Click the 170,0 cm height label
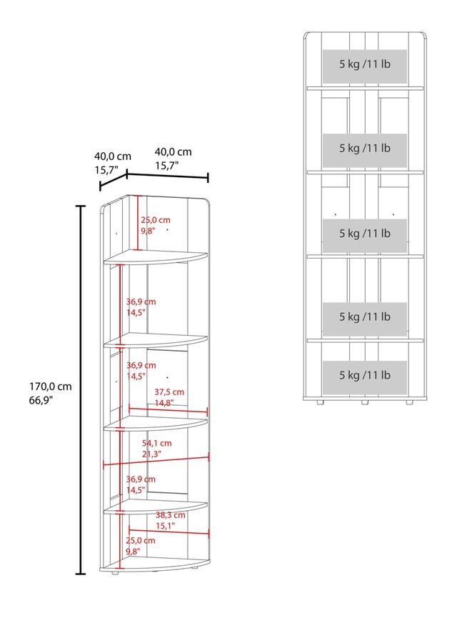point(51,387)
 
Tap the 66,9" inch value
point(41,400)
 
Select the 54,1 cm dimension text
point(157,443)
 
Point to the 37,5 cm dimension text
point(169,392)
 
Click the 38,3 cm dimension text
point(170,514)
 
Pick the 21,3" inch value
point(151,454)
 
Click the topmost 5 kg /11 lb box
point(365,66)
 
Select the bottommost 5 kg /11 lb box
point(365,377)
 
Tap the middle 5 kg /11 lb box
point(365,235)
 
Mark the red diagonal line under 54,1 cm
point(156,461)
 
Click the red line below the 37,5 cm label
point(169,410)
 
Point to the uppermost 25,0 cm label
point(156,219)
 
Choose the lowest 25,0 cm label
point(140,540)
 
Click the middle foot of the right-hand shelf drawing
point(365,403)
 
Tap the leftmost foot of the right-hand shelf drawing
point(320,403)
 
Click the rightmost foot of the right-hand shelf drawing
point(410,403)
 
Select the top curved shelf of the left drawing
point(155,257)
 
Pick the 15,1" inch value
point(165,526)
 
